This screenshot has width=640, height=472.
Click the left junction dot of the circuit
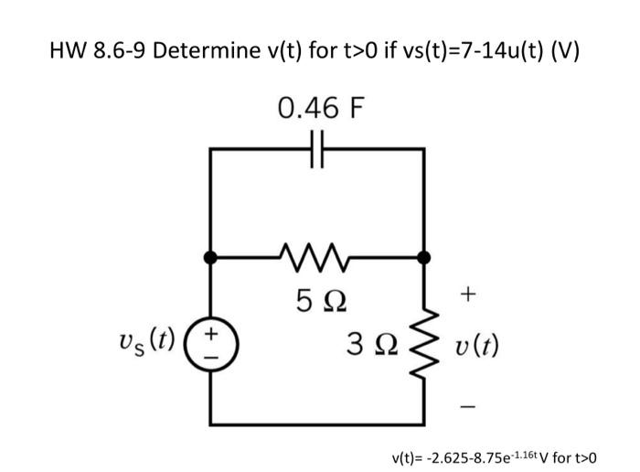coord(211,258)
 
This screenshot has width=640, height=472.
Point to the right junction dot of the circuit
coord(423,258)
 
